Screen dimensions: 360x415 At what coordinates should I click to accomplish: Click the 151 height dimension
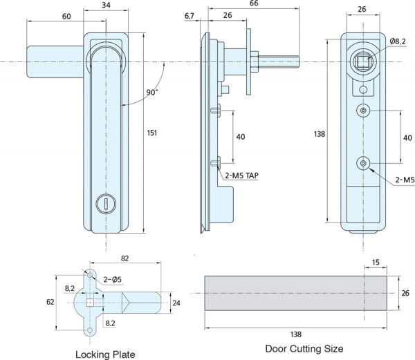pyautogui.click(x=151, y=133)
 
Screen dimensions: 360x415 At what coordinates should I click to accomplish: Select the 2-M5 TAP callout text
pyautogui.click(x=240, y=176)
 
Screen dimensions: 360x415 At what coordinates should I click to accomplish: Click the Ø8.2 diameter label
pyautogui.click(x=398, y=42)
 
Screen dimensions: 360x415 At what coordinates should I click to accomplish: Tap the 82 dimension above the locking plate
pyautogui.click(x=124, y=258)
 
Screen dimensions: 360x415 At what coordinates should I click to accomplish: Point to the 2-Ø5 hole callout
pyautogui.click(x=113, y=279)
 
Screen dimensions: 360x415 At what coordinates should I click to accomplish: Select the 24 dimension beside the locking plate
pyautogui.click(x=176, y=301)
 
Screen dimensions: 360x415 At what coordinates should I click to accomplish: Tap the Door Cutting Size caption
pyautogui.click(x=304, y=348)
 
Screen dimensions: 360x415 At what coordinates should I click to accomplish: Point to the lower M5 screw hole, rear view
pyautogui.click(x=362, y=163)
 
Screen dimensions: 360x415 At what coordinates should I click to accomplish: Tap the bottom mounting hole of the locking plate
pyautogui.click(x=89, y=332)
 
